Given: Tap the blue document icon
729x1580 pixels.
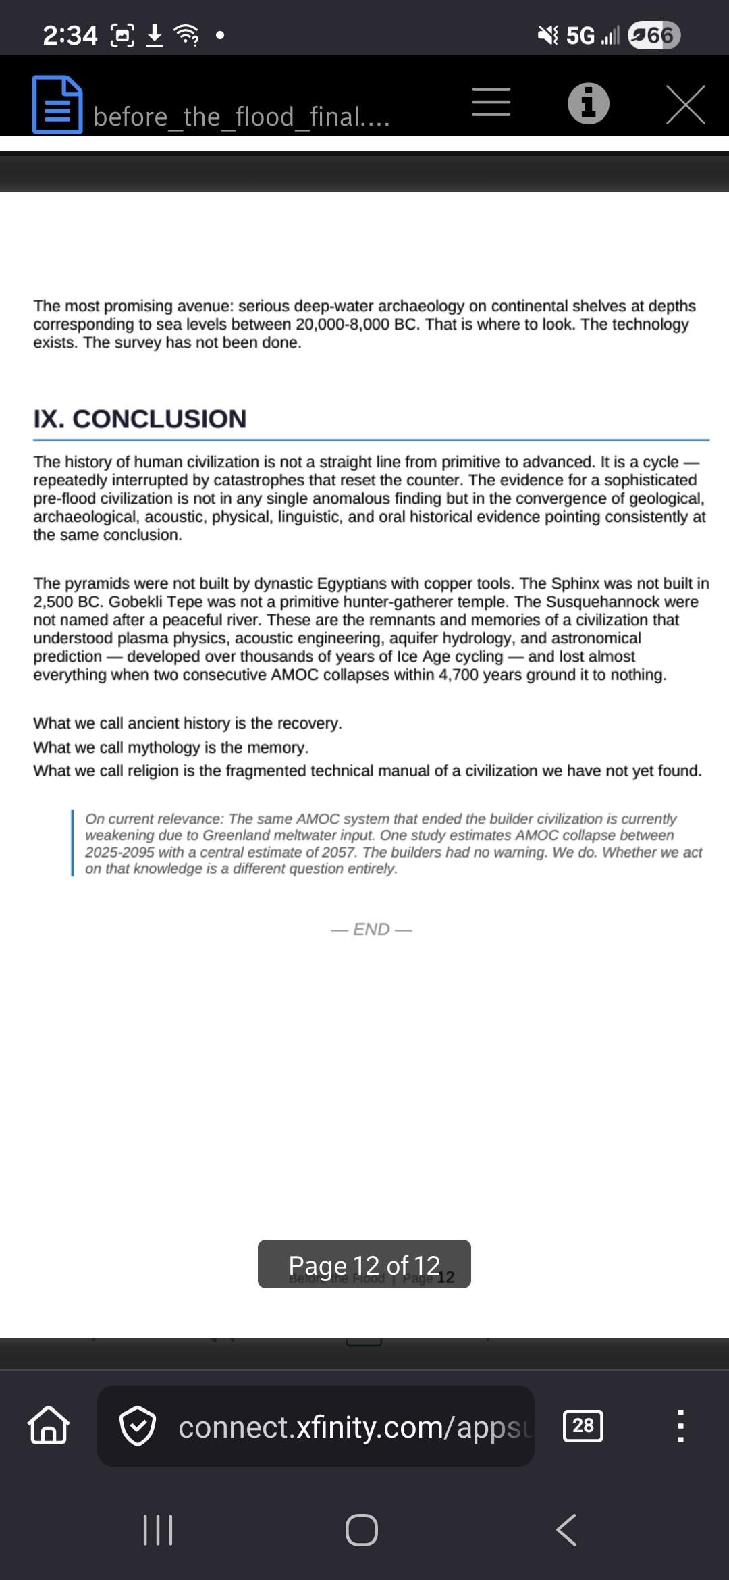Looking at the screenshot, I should (57, 105).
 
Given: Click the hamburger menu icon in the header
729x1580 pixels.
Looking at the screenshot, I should (491, 103).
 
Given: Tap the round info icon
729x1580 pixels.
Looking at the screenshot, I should (588, 104).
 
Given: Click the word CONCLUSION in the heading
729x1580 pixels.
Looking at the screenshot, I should (159, 419).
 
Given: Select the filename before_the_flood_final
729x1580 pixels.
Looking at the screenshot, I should (241, 117).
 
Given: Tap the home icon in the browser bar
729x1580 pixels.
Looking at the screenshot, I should (48, 1425).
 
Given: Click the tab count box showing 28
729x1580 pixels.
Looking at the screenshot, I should (583, 1425).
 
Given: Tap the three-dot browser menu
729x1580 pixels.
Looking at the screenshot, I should (680, 1425).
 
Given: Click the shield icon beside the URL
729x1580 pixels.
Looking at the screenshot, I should (138, 1426).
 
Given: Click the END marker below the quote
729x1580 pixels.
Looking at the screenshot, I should (371, 930).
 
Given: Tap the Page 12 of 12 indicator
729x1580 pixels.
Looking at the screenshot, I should (364, 1265).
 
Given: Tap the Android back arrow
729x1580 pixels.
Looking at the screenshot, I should (566, 1529).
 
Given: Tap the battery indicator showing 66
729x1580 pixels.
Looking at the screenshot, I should (653, 35).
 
